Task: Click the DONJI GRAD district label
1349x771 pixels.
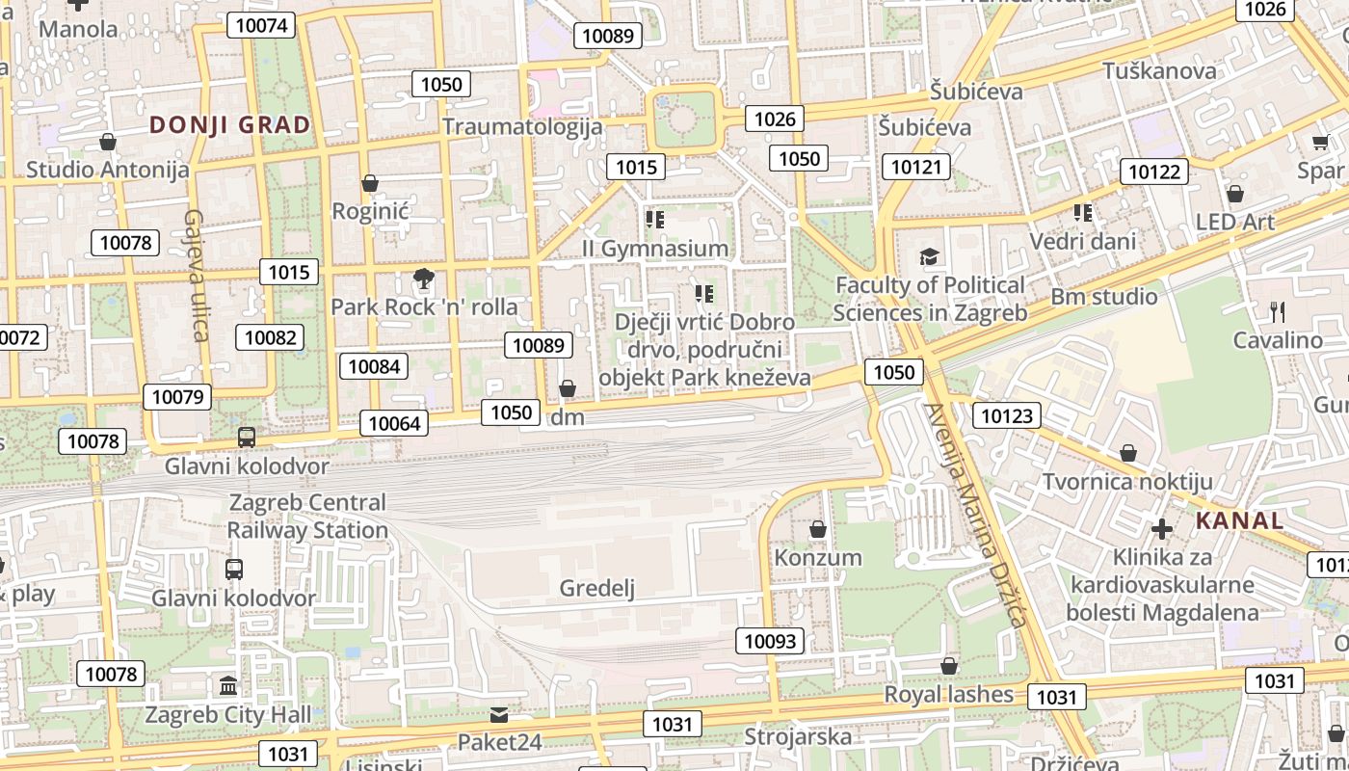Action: coord(230,124)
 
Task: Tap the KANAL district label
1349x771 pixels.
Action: coord(1239,521)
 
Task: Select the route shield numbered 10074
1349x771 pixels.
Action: coord(261,25)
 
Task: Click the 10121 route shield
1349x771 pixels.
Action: coord(915,167)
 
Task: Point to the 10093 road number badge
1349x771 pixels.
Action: coord(771,641)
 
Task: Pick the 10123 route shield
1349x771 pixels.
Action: coord(1007,416)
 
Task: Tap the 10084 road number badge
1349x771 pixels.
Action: coord(373,366)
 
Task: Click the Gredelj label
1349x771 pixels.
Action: coord(597,588)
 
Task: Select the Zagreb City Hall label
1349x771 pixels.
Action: coord(228,714)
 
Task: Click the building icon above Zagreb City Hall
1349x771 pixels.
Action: coord(228,686)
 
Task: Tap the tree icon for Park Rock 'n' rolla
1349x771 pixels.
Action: coord(422,279)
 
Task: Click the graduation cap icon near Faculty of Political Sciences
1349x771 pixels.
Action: coord(929,256)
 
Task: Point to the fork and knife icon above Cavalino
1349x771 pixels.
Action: coord(1278,311)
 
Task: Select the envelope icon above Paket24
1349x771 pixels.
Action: coord(498,715)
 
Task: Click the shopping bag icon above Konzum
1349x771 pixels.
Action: coord(818,529)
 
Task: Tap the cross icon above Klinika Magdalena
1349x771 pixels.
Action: coord(1162,528)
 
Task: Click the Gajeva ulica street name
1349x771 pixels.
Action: coord(196,275)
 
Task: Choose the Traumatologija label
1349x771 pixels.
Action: coord(522,126)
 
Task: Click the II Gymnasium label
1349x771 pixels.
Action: coord(655,249)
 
